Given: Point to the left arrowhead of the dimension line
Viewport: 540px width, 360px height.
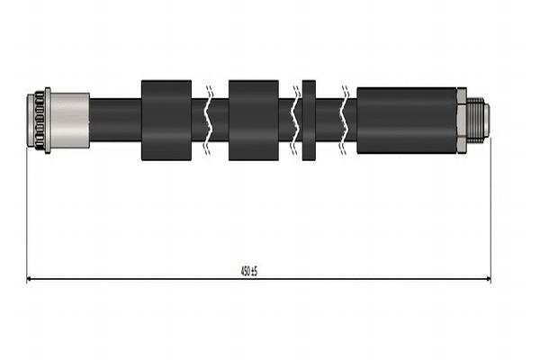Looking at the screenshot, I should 31,279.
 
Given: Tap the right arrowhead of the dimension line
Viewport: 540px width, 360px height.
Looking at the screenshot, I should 486,279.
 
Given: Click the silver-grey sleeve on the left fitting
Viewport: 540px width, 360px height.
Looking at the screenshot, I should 70,121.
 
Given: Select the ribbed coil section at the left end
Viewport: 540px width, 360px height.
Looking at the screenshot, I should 38,121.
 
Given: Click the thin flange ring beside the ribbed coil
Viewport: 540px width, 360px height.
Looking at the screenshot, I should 48,121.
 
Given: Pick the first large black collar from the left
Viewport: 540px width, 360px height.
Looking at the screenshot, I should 166,121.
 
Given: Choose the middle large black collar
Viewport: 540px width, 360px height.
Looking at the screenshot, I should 253,121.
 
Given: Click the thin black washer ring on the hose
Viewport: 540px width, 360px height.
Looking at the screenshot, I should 309,121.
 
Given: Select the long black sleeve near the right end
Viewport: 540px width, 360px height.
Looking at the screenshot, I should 406,121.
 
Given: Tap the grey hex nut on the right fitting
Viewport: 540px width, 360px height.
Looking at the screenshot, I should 462,121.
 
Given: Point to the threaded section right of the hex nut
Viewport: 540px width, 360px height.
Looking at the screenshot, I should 474,121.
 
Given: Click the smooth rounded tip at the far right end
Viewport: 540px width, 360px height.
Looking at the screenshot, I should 486,121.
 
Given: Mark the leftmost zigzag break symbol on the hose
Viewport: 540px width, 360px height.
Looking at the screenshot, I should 208,121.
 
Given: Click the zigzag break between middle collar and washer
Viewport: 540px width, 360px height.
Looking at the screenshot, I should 294,121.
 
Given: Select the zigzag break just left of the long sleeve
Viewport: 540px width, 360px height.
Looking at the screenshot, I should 345,121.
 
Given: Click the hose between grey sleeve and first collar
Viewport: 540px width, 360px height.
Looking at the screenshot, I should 115,121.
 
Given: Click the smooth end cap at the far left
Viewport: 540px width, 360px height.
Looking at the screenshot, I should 30,121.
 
